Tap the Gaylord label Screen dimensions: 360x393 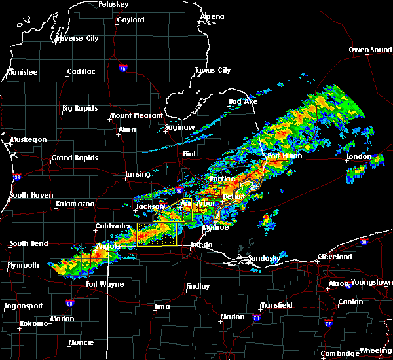point(130,20)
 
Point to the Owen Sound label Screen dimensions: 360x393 point(369,50)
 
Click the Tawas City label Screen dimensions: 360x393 point(213,71)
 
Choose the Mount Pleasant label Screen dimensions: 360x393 point(136,115)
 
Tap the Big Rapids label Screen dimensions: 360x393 point(80,109)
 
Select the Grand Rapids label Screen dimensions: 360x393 point(75,158)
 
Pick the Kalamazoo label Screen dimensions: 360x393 point(75,204)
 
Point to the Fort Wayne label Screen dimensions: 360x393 point(105,284)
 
